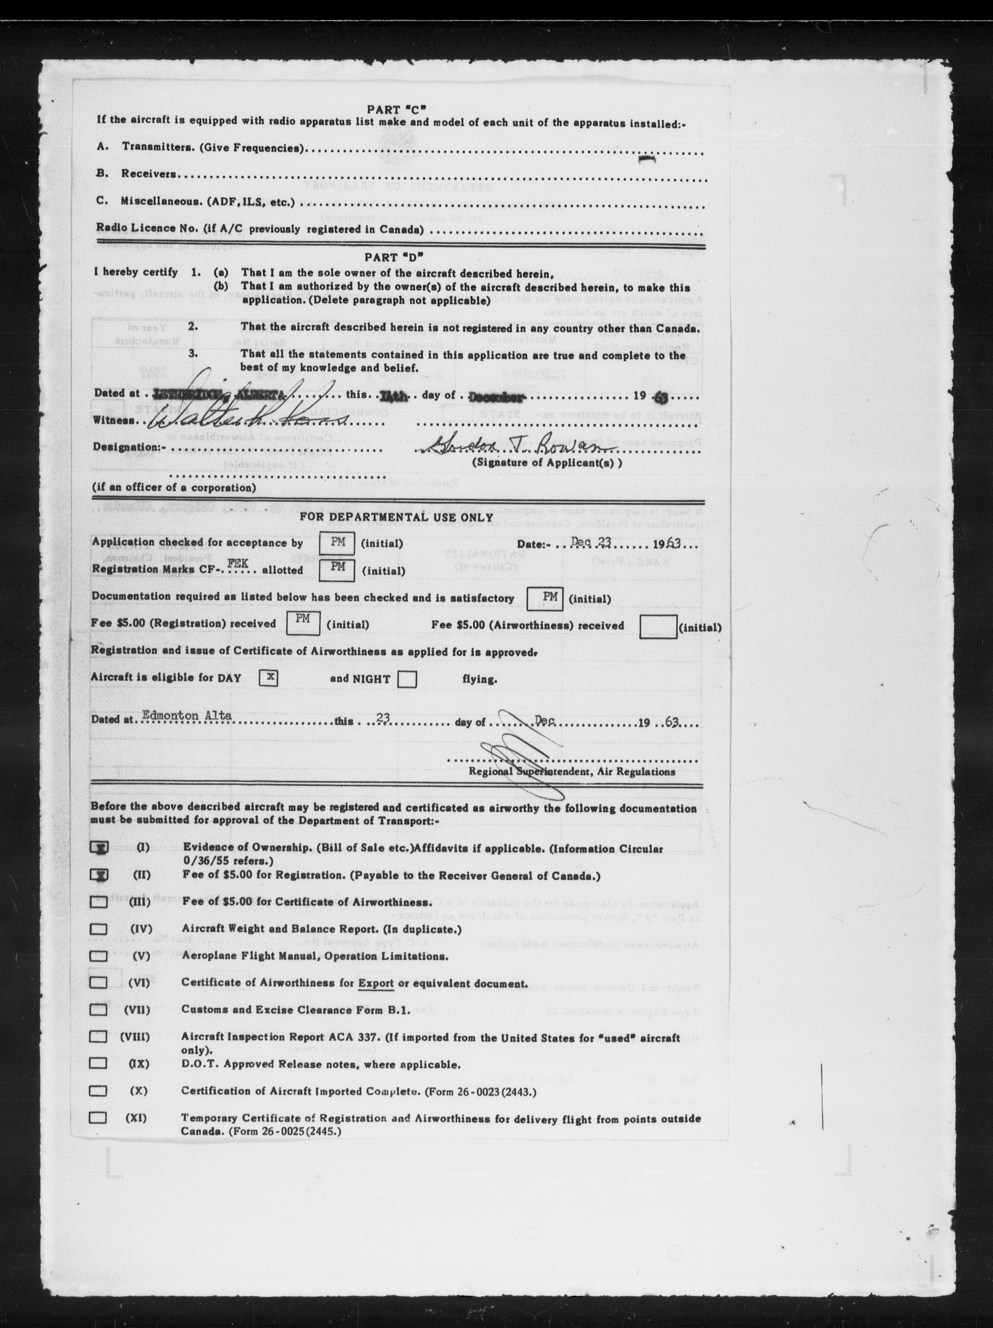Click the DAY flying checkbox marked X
[x=267, y=678]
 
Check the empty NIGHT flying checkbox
[x=407, y=679]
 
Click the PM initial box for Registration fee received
[x=303, y=622]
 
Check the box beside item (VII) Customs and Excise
[x=98, y=1009]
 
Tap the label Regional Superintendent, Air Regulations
[x=571, y=772]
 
